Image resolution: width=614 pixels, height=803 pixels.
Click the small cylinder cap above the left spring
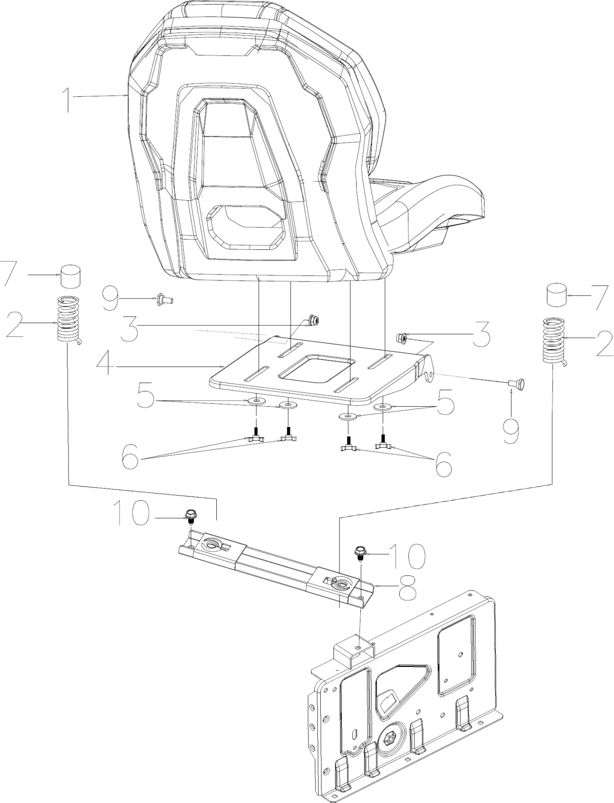(70, 275)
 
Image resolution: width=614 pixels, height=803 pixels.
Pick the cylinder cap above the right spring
(558, 295)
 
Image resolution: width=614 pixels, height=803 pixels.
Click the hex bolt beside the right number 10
(360, 551)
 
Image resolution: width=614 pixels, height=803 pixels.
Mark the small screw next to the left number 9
(163, 299)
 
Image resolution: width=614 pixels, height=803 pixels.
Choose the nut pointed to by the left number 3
(312, 321)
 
